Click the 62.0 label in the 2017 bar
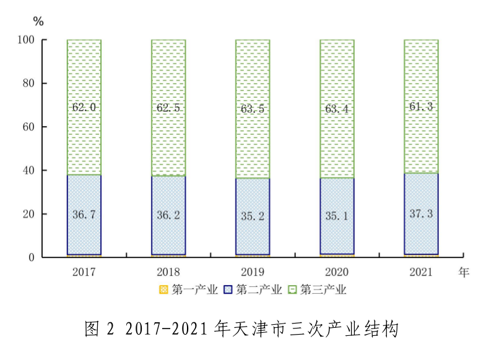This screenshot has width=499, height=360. (84, 107)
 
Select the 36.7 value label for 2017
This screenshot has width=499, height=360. (84, 215)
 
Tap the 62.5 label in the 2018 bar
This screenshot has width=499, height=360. (168, 107)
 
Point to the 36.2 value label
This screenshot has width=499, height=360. (168, 215)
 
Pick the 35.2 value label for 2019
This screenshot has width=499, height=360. (253, 216)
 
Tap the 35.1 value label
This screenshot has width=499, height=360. (337, 216)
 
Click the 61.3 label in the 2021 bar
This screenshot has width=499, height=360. (421, 106)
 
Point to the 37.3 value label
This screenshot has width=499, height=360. (421, 213)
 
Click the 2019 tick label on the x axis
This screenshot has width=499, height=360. (253, 272)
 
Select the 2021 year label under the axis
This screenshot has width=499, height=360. (421, 272)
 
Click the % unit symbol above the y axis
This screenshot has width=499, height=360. (38, 22)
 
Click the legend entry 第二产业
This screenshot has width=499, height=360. (253, 289)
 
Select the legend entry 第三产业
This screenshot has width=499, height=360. (317, 289)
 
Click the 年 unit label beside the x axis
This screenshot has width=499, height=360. (464, 272)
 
